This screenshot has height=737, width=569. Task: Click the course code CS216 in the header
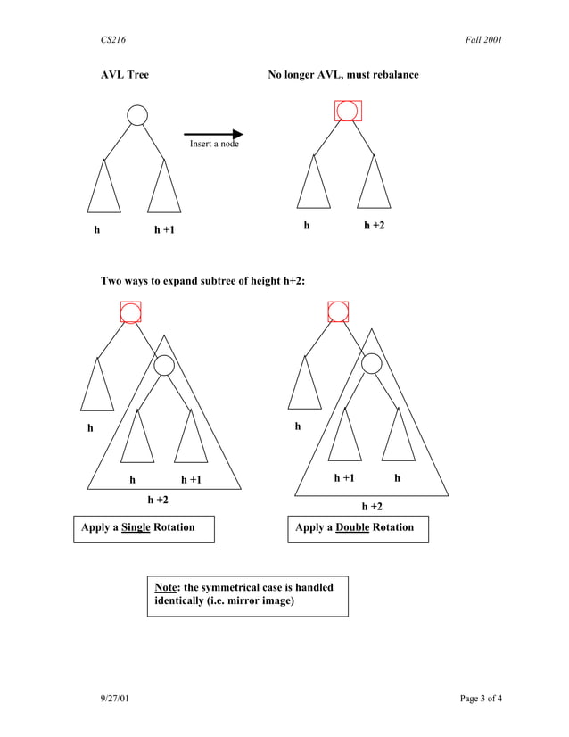click(x=112, y=40)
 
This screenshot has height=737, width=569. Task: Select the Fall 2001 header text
click(x=483, y=40)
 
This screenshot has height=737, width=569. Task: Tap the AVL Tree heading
click(x=124, y=75)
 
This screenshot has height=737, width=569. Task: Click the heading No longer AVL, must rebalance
click(x=343, y=75)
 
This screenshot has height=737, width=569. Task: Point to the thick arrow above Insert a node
click(x=213, y=134)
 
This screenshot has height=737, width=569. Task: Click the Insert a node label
click(x=214, y=144)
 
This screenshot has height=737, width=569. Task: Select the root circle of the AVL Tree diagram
click(x=136, y=115)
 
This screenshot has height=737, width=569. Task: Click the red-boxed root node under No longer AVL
click(x=347, y=111)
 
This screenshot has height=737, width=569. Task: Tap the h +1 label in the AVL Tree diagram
click(x=164, y=230)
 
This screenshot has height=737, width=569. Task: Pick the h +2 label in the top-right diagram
click(x=375, y=226)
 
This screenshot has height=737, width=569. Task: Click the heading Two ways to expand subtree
click(x=203, y=282)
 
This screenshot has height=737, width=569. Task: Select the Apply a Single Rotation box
click(x=144, y=528)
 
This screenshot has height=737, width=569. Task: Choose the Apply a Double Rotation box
click(x=357, y=528)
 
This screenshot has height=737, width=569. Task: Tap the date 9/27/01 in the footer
click(x=114, y=698)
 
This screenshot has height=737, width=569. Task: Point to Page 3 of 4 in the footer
click(x=481, y=698)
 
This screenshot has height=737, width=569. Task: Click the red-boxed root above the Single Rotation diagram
click(x=130, y=312)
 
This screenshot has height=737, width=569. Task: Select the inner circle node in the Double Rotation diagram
click(x=371, y=363)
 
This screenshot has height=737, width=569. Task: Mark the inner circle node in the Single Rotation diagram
click(x=163, y=365)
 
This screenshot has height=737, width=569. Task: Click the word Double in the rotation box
click(x=352, y=527)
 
